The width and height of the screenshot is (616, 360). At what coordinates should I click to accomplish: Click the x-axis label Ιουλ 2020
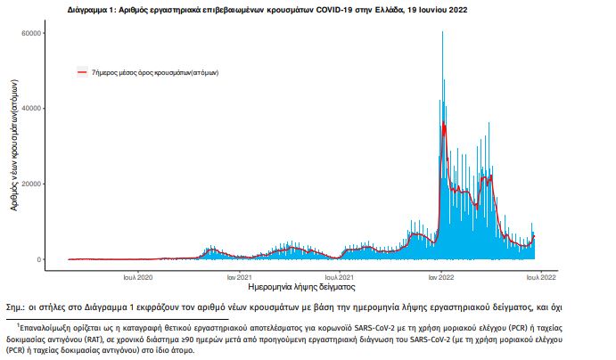point(137,276)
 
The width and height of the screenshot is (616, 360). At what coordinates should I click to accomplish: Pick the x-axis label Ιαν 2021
point(239,276)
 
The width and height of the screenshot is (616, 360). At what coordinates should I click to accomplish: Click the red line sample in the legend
point(82,70)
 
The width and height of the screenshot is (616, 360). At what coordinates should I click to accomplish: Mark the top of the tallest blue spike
point(443,32)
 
